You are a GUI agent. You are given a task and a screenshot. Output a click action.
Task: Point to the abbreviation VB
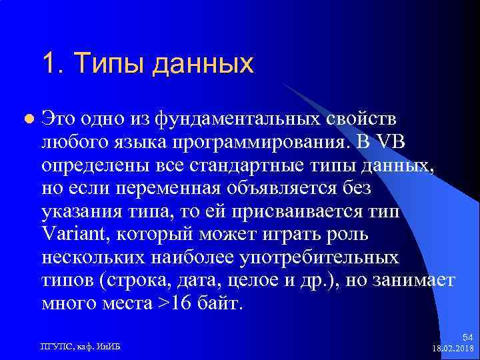click(396, 141)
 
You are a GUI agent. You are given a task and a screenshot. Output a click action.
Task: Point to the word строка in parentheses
click(138, 281)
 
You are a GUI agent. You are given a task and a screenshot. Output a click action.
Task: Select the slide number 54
click(467, 338)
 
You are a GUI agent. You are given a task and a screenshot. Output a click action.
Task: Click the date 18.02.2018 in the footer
click(454, 349)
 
